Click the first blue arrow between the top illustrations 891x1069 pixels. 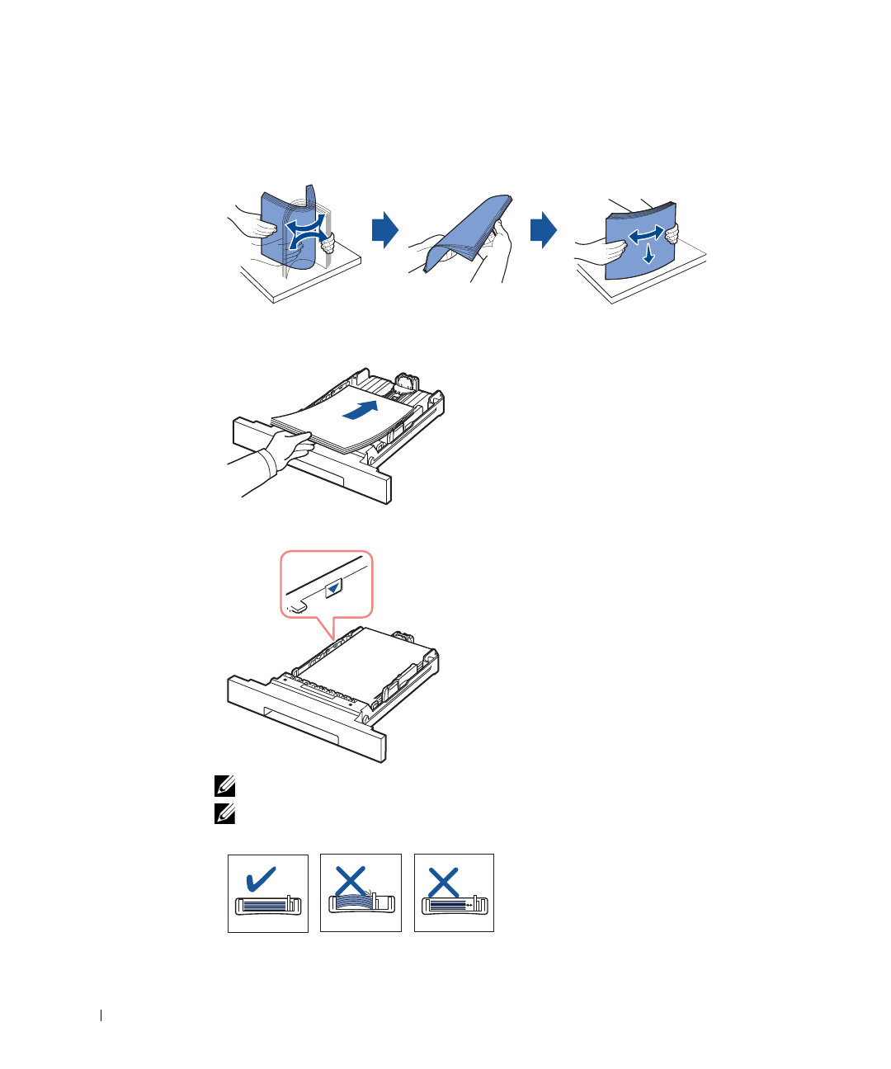[x=384, y=230]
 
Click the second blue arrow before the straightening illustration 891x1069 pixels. [x=543, y=230]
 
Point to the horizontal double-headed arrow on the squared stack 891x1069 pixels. [x=646, y=236]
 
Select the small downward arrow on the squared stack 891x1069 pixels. [x=649, y=254]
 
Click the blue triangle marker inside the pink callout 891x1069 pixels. [x=332, y=589]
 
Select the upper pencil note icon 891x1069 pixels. [x=224, y=786]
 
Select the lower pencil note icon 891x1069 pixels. [x=224, y=814]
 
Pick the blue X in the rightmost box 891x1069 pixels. [x=444, y=882]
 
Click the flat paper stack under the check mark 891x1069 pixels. [x=265, y=905]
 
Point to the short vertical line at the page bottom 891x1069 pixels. [x=101, y=1015]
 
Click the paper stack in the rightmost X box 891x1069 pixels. [x=450, y=905]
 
